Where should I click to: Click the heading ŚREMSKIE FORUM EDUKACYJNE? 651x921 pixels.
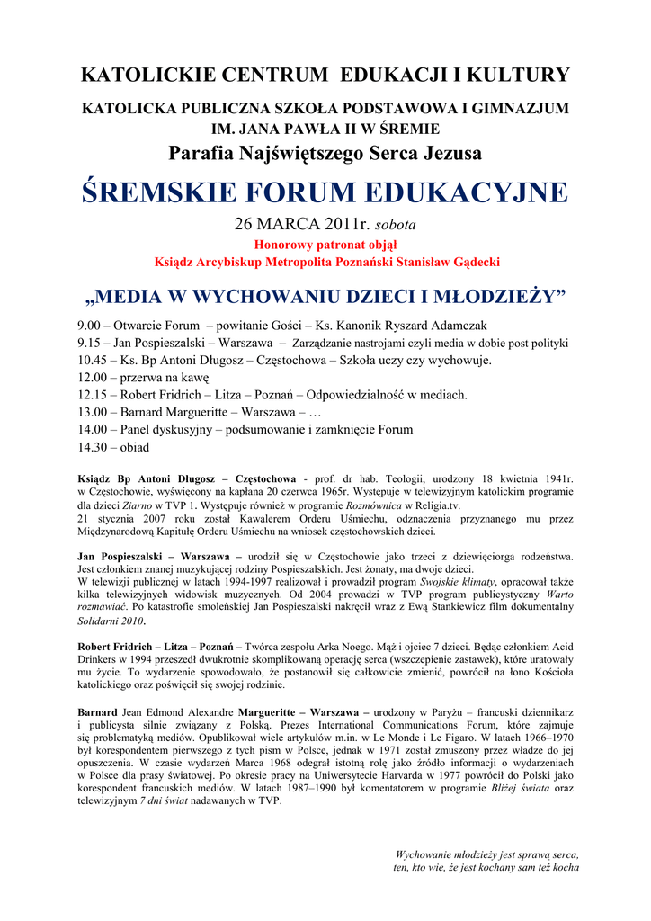[325, 192]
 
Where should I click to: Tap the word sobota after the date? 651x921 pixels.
[395, 224]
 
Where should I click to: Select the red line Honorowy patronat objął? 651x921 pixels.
[325, 244]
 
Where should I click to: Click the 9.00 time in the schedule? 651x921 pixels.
[89, 326]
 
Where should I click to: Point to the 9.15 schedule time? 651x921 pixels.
[89, 343]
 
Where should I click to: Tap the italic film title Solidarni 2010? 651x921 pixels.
[111, 621]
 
